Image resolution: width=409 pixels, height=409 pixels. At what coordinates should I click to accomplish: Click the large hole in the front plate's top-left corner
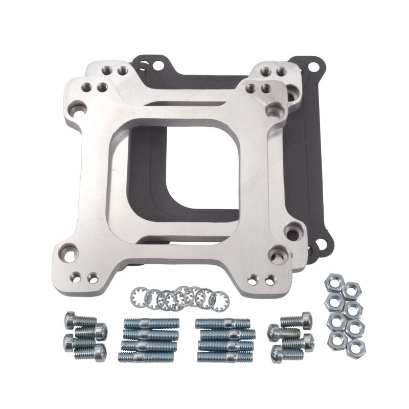click(x=78, y=108)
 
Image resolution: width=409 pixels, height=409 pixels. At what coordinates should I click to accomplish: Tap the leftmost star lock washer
click(x=139, y=294)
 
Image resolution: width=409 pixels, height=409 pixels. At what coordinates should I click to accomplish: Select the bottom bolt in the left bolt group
click(x=87, y=353)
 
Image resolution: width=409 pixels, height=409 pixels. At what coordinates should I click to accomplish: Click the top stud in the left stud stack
click(x=151, y=324)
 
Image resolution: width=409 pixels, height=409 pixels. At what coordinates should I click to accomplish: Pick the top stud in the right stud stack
click(x=222, y=324)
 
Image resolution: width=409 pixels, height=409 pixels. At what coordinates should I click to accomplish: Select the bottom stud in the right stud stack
click(x=224, y=357)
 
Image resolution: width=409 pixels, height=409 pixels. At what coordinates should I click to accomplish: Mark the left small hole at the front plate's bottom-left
click(x=76, y=278)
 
